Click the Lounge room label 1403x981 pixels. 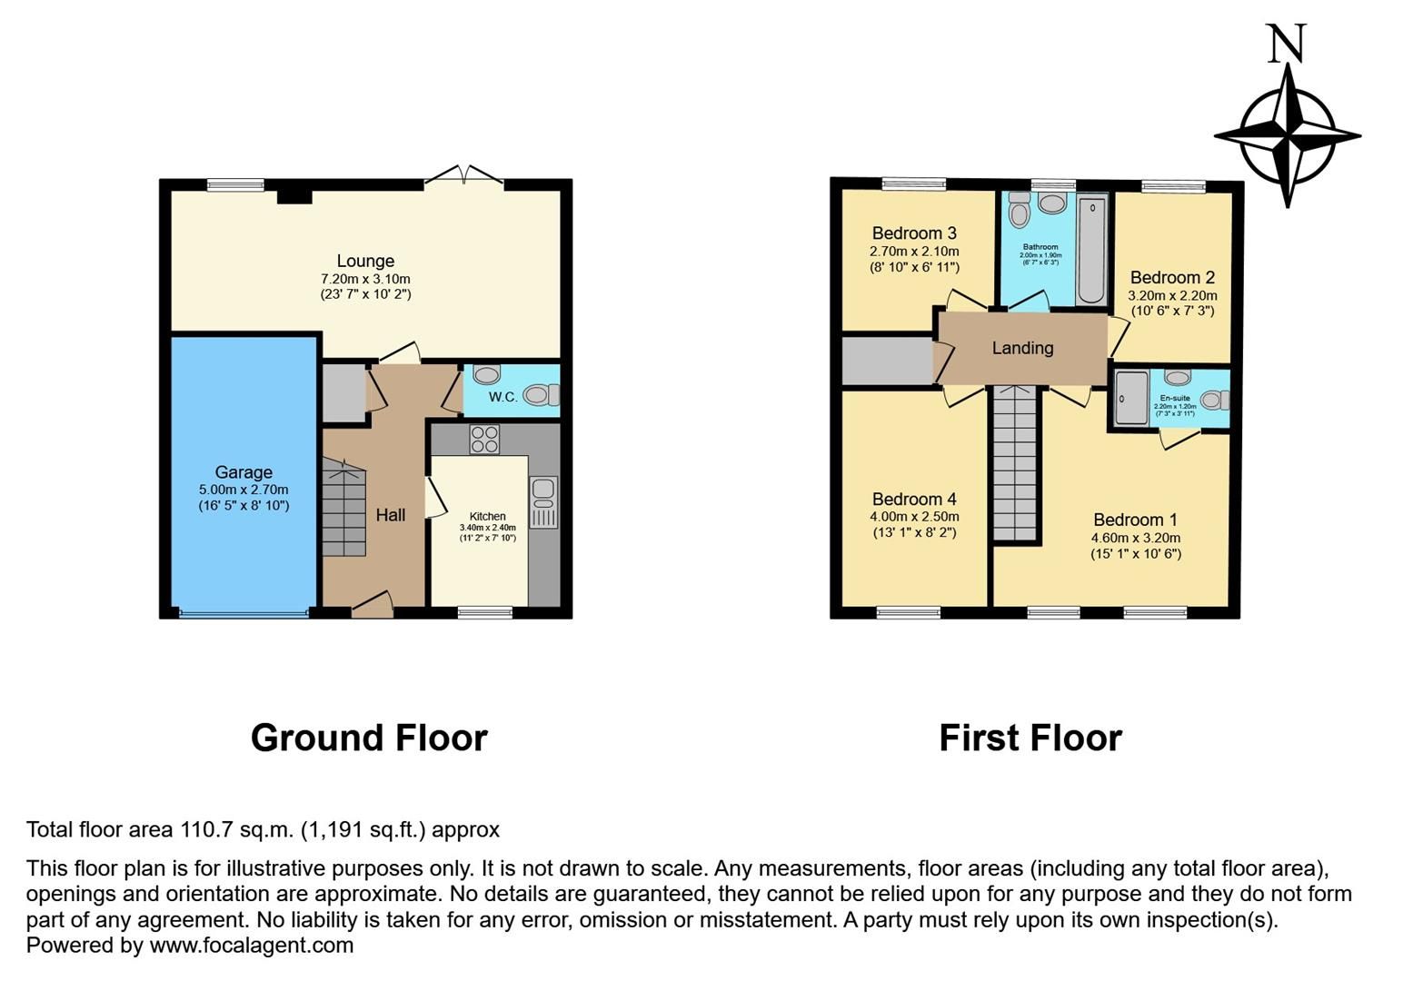click(365, 262)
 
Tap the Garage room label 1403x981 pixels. click(244, 472)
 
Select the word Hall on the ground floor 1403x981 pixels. click(391, 515)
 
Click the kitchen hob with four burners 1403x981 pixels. click(483, 440)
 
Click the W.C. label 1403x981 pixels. click(502, 397)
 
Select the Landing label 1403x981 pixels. click(1022, 348)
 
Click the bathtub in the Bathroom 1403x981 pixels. click(1091, 250)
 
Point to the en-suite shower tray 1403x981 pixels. click(1131, 398)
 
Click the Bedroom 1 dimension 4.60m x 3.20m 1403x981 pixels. click(1136, 538)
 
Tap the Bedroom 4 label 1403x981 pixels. click(914, 499)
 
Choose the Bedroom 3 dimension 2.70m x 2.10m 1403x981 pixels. click(914, 252)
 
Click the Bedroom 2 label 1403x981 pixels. click(1172, 277)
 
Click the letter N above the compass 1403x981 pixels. click(1287, 44)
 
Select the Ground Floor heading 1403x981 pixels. click(369, 738)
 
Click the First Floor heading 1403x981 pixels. click(1030, 738)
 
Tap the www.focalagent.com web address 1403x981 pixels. click(252, 945)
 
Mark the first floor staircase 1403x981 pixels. click(1015, 463)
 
